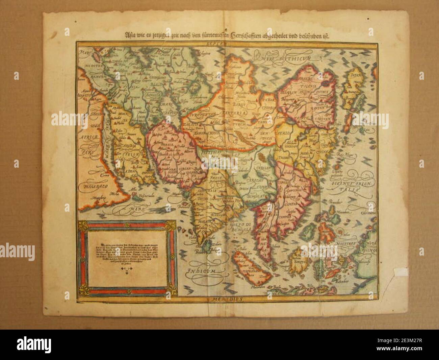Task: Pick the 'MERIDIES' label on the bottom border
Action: tap(225, 299)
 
